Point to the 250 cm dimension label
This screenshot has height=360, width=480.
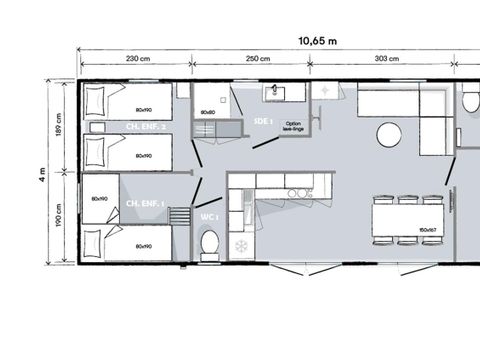[258, 59]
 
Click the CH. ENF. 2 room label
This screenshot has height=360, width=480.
[145, 128]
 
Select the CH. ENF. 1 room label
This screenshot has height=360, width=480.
[144, 204]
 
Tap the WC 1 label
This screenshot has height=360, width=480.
[209, 217]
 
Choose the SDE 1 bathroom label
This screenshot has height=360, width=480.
[264, 121]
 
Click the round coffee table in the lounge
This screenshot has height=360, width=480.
[389, 134]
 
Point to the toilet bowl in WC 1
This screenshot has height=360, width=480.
[210, 244]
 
